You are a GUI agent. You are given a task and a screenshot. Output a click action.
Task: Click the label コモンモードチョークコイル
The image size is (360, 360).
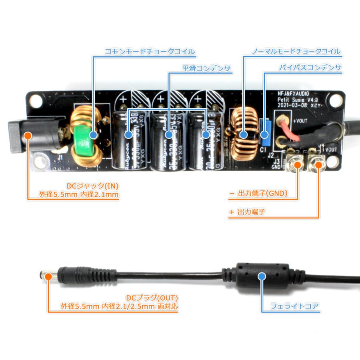pos(150,52)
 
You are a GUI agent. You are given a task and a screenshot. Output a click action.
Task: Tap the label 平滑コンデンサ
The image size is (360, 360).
pos(206,68)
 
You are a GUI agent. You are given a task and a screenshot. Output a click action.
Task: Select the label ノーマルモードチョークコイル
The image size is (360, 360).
pos(296,52)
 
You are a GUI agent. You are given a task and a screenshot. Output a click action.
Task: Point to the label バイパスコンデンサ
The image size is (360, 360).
pos(310,68)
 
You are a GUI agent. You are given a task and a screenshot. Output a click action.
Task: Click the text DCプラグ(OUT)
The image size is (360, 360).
pos(152,298)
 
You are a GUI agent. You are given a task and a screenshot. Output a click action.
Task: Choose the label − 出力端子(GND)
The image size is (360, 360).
pos(264,195)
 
